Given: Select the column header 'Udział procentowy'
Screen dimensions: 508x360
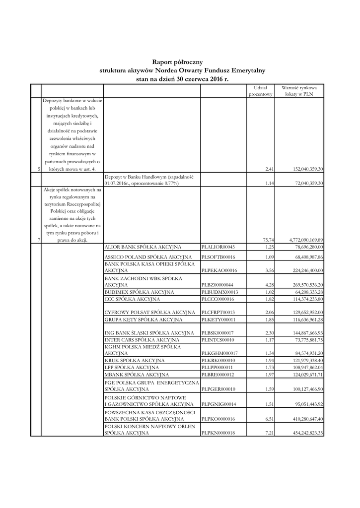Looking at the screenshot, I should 261,90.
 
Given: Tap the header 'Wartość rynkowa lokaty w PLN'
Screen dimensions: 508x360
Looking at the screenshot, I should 301,90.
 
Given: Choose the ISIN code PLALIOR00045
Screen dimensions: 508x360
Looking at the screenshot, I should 218,247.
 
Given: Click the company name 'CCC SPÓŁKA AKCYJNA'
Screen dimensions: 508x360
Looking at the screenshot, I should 132,300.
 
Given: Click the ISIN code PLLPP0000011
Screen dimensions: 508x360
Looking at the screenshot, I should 217,367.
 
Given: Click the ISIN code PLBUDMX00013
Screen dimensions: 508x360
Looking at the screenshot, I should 218,292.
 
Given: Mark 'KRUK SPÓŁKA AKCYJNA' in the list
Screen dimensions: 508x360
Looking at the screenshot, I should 133,360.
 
